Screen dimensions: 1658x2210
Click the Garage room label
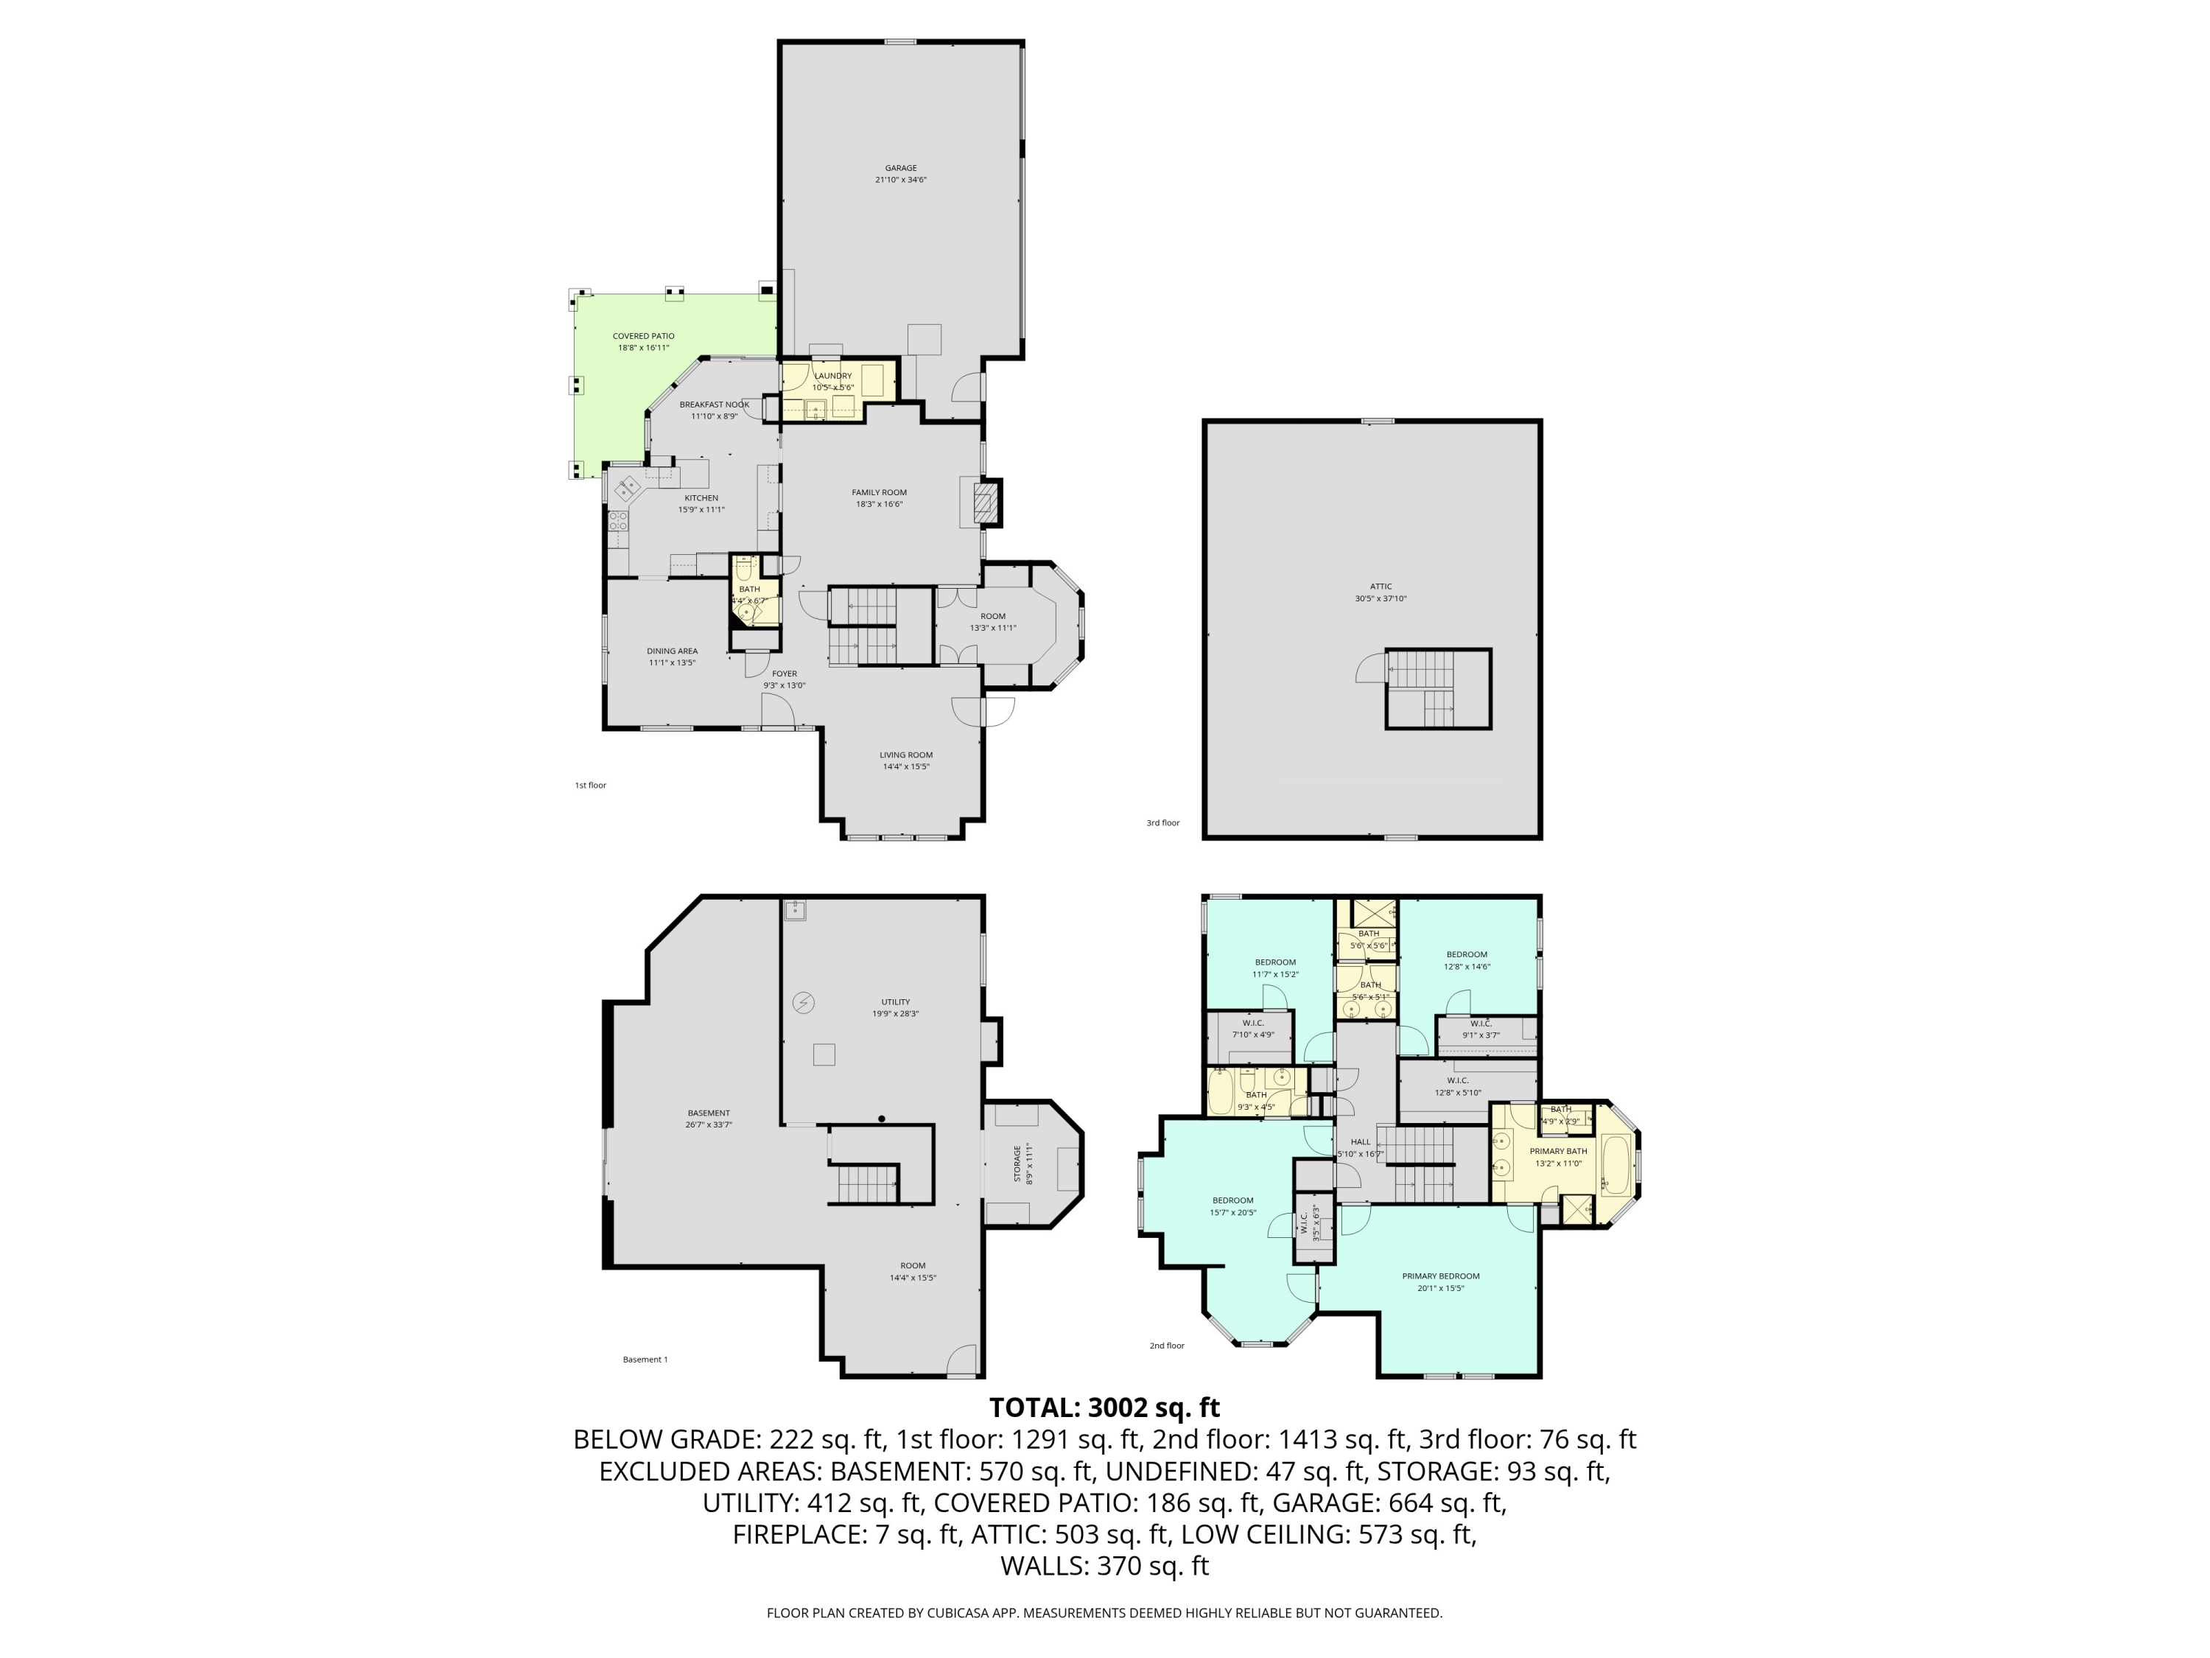point(900,174)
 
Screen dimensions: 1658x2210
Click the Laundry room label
point(832,381)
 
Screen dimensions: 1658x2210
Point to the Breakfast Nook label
point(715,410)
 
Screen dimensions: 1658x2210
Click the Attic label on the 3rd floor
point(1381,592)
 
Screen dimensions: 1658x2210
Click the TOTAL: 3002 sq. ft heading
point(1104,1407)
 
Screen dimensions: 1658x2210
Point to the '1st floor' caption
point(591,786)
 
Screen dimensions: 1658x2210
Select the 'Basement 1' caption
point(645,1359)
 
